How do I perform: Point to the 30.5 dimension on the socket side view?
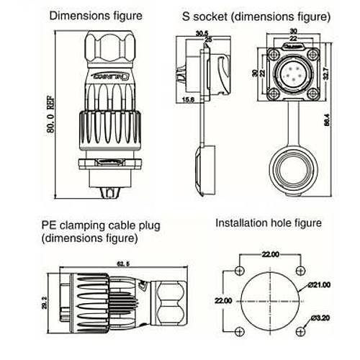202,33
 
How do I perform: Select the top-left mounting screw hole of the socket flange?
274,54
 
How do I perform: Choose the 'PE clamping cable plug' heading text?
99,225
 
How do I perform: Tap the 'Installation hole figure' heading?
269,223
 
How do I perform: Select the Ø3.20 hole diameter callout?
319,318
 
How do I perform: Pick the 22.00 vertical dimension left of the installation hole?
224,300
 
